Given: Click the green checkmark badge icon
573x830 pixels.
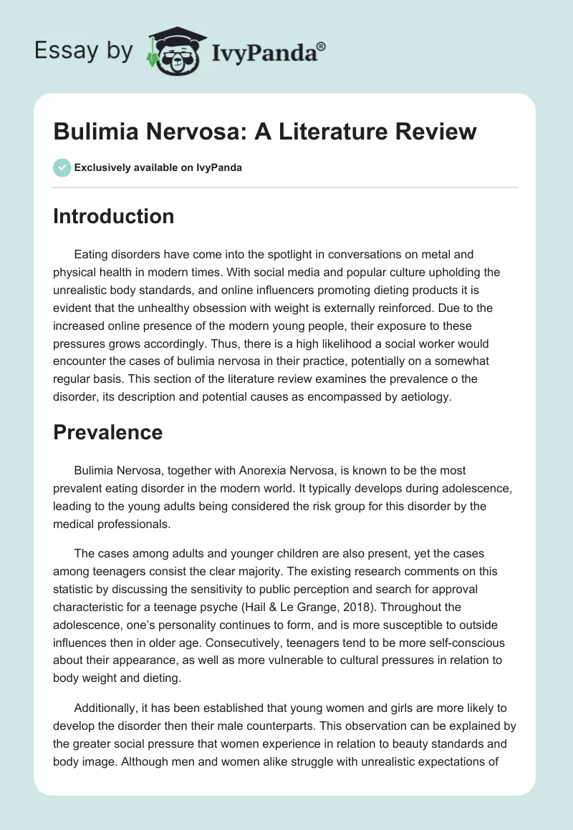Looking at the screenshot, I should [x=62, y=167].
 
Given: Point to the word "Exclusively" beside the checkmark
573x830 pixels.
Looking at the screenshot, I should [x=102, y=168].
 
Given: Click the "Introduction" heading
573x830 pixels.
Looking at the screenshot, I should [x=113, y=216].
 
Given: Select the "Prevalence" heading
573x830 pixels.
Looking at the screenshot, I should [x=107, y=432].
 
